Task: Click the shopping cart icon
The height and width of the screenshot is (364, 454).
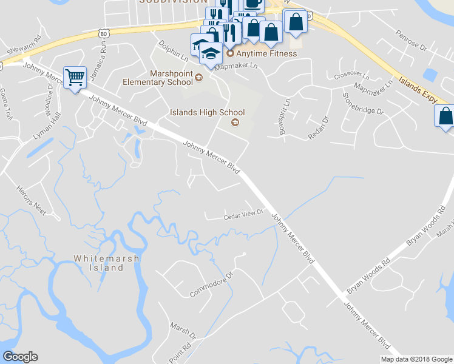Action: [75, 77]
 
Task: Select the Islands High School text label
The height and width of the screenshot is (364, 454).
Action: [207, 112]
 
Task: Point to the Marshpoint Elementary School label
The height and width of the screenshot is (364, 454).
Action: [158, 78]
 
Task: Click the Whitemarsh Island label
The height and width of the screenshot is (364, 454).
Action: [106, 263]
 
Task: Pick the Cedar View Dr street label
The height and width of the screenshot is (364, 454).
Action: [242, 214]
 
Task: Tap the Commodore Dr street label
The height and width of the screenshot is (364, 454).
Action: [211, 285]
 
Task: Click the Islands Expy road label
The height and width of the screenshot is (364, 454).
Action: [419, 89]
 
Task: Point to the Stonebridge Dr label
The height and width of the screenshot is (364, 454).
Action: [363, 104]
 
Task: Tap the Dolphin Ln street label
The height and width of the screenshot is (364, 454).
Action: [173, 53]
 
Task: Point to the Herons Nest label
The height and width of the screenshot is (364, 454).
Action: [31, 200]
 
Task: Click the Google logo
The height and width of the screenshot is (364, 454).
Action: [21, 357]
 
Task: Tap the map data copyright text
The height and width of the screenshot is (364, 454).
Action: [416, 359]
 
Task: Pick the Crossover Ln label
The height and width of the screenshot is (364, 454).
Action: [351, 76]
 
